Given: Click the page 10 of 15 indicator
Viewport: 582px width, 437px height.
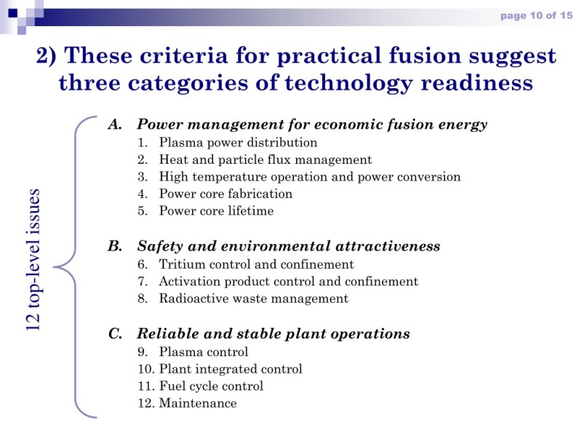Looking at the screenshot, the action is pyautogui.click(x=536, y=15).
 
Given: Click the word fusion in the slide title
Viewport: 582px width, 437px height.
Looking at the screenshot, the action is pyautogui.click(x=425, y=56).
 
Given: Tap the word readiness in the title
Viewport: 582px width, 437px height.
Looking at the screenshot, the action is pyautogui.click(x=477, y=82).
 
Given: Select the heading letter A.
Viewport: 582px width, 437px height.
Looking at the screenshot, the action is pyautogui.click(x=115, y=124).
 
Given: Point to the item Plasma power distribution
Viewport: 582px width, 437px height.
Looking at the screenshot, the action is pyautogui.click(x=238, y=142).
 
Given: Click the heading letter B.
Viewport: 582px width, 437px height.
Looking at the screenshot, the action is pyautogui.click(x=115, y=246).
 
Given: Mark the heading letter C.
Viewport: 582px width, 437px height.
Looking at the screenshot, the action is pyautogui.click(x=115, y=334).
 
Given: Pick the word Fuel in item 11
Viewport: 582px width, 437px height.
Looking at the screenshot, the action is pyautogui.click(x=172, y=386).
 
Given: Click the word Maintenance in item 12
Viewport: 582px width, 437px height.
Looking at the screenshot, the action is pyautogui.click(x=198, y=403).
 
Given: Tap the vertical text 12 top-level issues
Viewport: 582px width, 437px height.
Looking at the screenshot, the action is pyautogui.click(x=33, y=260).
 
